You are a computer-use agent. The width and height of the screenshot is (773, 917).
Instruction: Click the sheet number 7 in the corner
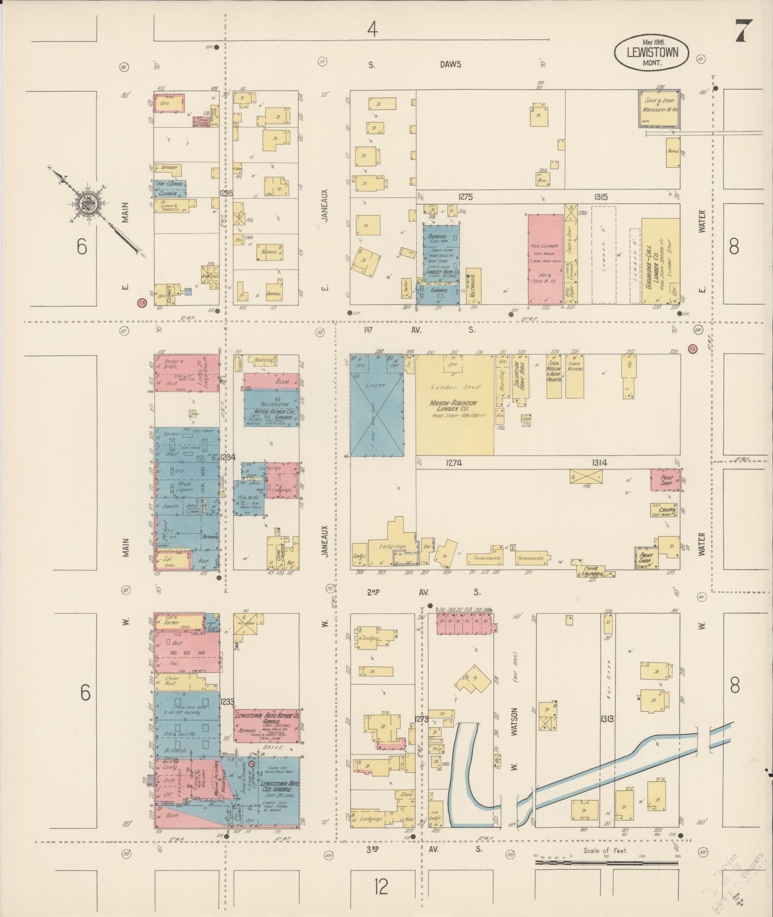(744, 32)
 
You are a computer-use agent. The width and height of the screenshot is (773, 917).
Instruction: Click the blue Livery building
(376, 405)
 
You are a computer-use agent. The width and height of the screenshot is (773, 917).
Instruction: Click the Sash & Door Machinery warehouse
(658, 108)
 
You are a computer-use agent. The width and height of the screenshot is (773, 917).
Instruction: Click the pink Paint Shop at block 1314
(665, 480)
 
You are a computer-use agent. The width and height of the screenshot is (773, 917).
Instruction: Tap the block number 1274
(453, 463)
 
